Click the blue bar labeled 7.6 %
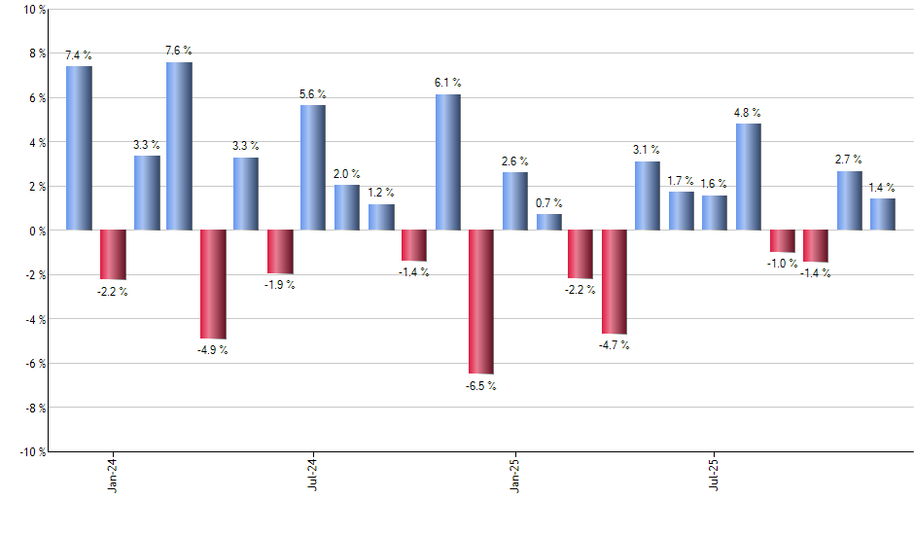pos(179,146)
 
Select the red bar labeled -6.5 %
pos(481,302)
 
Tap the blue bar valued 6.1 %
pos(448,162)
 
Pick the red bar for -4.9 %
pos(213,284)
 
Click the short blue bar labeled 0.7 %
pos(549,222)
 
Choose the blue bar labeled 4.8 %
pos(749,177)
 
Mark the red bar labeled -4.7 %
pos(615,282)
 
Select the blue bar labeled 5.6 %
pos(313,167)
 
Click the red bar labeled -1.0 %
pos(783,241)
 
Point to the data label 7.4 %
pos(79,56)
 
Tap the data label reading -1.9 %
pos(280,285)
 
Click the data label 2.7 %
pos(850,160)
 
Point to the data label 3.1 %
pos(647,150)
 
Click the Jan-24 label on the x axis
pos(114,474)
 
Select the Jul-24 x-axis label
pos(313,474)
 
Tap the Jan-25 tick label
pos(514,474)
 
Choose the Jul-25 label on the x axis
pos(715,474)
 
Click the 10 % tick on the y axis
pos(34,10)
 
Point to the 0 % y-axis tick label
pos(37,231)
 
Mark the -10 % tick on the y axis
pos(32,451)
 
